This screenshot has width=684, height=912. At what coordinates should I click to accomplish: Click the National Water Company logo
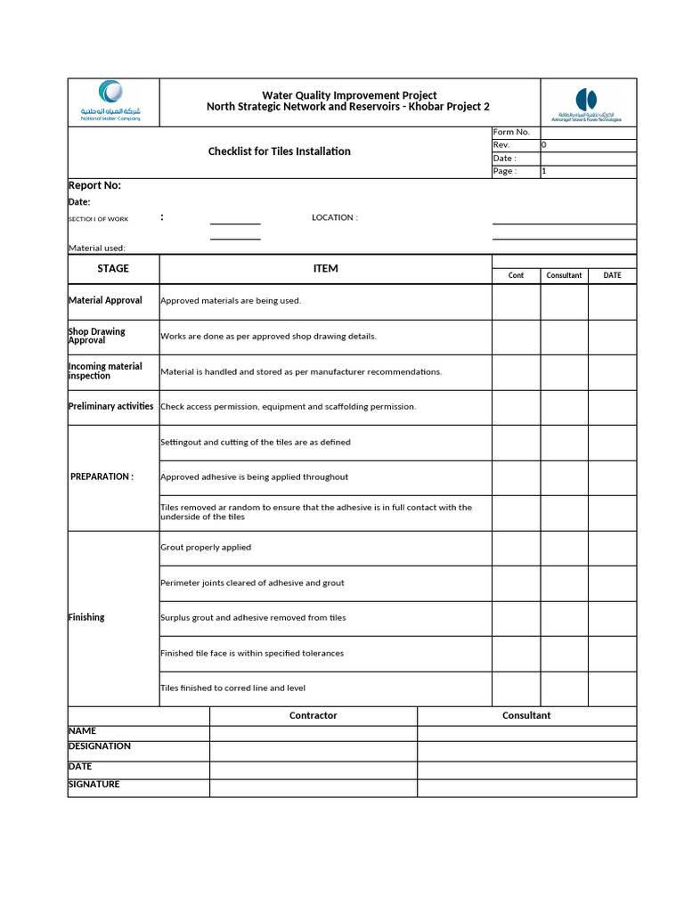click(112, 101)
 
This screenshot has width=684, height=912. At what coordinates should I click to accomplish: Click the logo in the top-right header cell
click(586, 103)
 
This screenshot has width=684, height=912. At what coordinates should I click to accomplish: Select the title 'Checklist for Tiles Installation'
click(279, 151)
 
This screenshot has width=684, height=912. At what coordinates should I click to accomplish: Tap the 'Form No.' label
click(510, 132)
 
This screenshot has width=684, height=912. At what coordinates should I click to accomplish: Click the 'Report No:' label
click(94, 185)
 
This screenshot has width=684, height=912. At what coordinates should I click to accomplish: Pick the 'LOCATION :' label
click(334, 217)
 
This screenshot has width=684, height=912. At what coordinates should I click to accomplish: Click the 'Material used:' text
click(97, 248)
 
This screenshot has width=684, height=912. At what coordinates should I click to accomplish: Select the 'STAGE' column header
click(113, 268)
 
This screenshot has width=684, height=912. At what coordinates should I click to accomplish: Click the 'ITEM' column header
click(326, 268)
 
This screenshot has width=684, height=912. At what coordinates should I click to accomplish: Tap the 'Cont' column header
click(516, 275)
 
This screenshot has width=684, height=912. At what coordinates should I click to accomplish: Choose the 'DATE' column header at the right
click(612, 275)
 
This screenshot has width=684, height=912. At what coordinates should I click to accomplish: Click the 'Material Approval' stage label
click(105, 300)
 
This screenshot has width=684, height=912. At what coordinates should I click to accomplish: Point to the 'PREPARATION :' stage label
click(102, 476)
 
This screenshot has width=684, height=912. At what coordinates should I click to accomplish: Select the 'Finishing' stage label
click(86, 617)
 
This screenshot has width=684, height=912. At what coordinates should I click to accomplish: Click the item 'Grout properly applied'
click(206, 548)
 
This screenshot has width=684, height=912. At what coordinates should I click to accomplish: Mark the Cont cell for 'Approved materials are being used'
click(516, 301)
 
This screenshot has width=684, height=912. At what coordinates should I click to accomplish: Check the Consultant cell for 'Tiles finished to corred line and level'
click(564, 688)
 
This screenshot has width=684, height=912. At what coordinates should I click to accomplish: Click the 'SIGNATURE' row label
click(94, 785)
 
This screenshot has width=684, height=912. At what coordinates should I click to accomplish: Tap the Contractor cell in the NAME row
click(313, 733)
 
